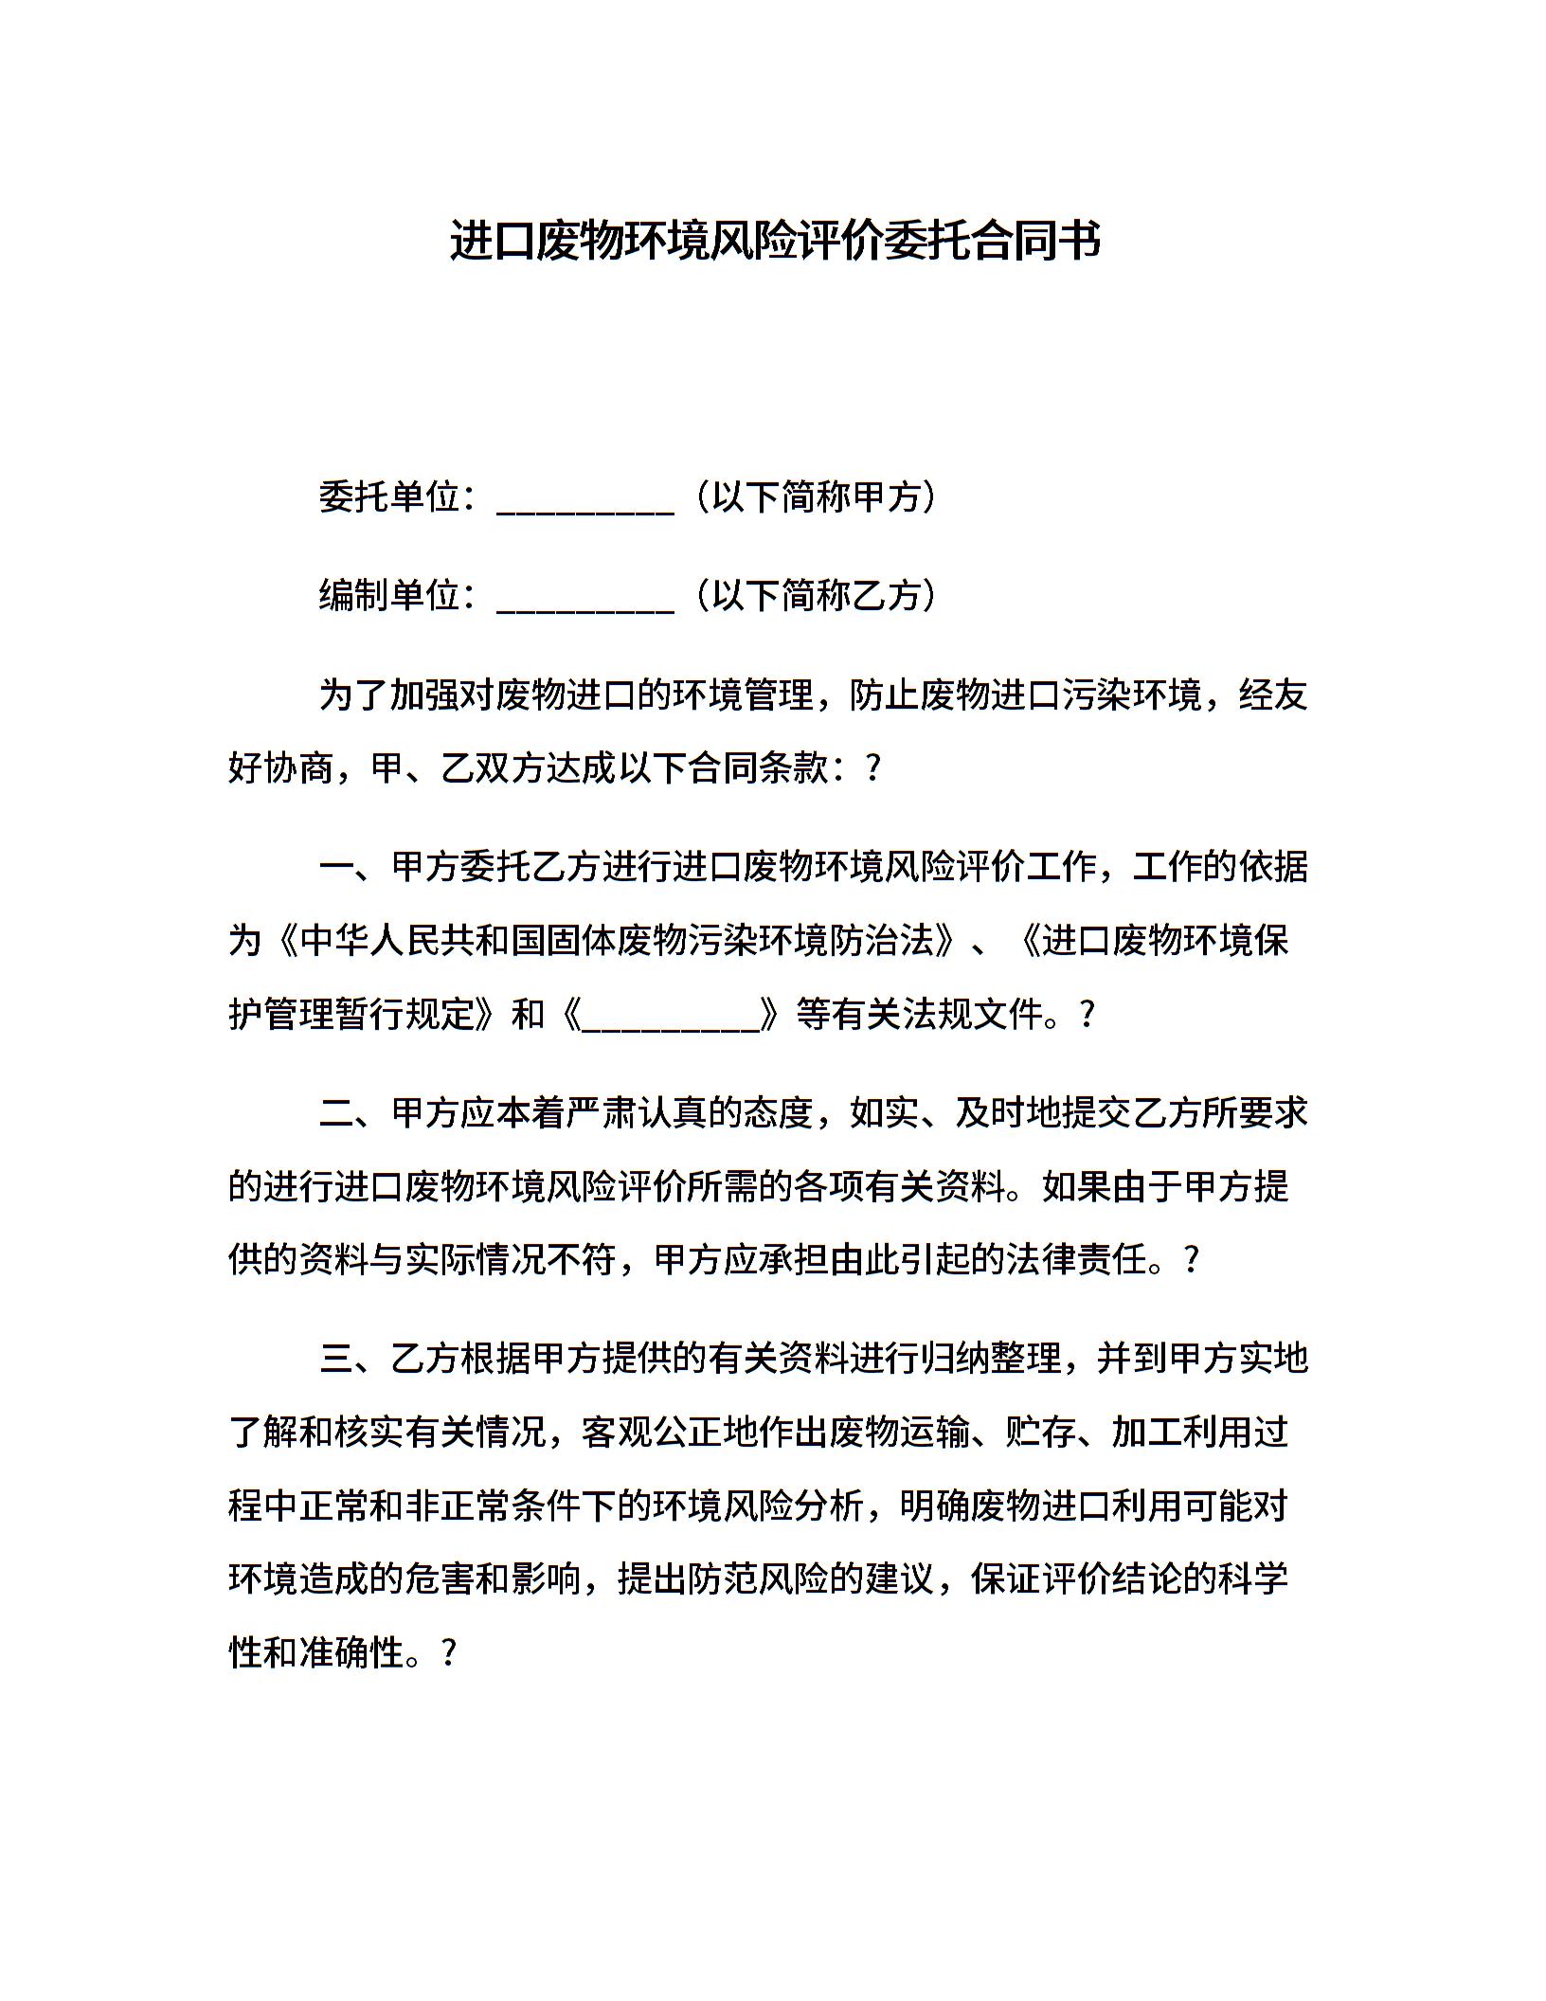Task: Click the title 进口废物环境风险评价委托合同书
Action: pos(774,241)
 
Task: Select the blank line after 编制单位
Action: pos(584,599)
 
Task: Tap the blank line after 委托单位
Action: pos(584,500)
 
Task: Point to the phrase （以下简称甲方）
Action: pos(816,496)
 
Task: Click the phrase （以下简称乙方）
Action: pos(816,595)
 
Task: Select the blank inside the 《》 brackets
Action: pos(671,1017)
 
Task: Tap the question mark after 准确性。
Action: pos(450,1653)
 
